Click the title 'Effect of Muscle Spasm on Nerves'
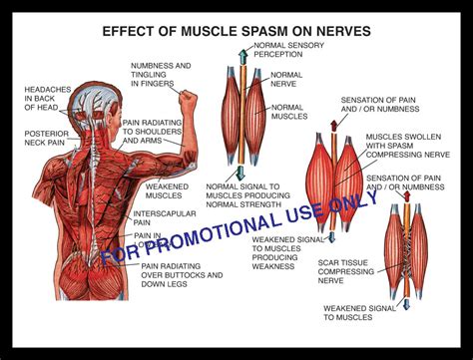click(x=236, y=31)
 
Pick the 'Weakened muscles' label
click(x=167, y=189)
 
